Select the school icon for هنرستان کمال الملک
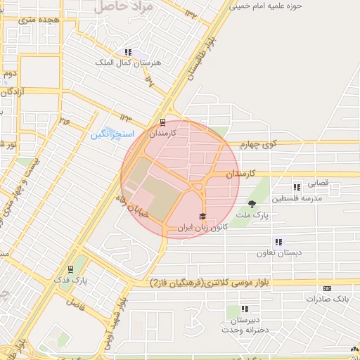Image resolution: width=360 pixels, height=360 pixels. tap(128, 52)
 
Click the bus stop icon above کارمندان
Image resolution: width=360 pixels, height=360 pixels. tap(164, 121)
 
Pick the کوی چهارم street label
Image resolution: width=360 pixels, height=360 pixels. tap(259, 145)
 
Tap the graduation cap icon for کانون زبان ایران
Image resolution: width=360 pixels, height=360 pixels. tap(203, 217)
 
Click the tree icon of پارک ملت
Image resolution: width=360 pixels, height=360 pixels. tap(252, 204)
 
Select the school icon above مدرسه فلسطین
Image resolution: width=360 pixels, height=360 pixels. tap(297, 187)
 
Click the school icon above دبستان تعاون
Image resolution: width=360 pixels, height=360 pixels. tap(279, 242)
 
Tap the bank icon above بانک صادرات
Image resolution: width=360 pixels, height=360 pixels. tap(327, 288)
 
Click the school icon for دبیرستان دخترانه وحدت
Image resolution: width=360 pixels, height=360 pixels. tap(245, 309)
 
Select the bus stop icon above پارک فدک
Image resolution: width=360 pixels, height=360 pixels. tap(70, 269)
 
